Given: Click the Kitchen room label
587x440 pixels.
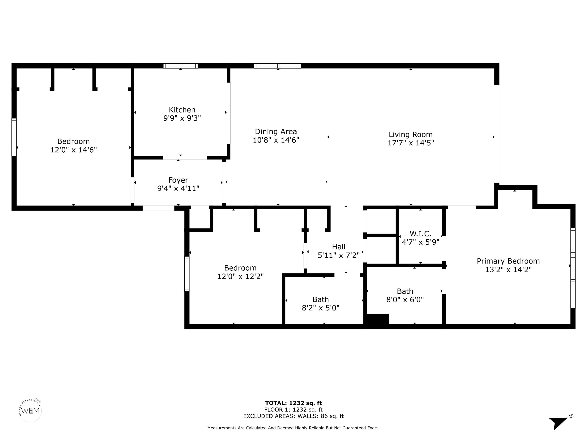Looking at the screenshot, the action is pyautogui.click(x=182, y=110).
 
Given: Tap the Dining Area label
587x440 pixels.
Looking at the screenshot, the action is pyautogui.click(x=276, y=132).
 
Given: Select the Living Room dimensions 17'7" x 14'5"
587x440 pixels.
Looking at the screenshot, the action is pyautogui.click(x=411, y=143).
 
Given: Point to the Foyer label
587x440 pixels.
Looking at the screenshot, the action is pyautogui.click(x=178, y=180).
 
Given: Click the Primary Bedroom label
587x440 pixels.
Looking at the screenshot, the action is pyautogui.click(x=508, y=261).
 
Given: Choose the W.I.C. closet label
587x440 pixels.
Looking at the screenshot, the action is pyautogui.click(x=420, y=234).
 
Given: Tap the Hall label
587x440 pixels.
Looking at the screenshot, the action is pyautogui.click(x=339, y=247).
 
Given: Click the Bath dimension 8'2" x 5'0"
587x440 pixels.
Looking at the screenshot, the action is pyautogui.click(x=321, y=308).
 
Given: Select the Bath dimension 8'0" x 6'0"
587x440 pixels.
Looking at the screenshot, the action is pyautogui.click(x=405, y=300).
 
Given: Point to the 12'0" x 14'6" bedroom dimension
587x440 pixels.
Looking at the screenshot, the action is pyautogui.click(x=74, y=150).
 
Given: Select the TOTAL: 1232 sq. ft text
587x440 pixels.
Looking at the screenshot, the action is pyautogui.click(x=293, y=403).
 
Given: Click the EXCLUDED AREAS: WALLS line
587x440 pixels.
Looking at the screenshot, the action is pyautogui.click(x=293, y=416).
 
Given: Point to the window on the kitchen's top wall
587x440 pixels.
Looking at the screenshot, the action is pyautogui.click(x=180, y=66).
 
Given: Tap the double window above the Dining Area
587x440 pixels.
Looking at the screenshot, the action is pyautogui.click(x=277, y=66).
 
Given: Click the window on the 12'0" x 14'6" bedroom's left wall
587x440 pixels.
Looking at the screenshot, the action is pyautogui.click(x=14, y=137).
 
